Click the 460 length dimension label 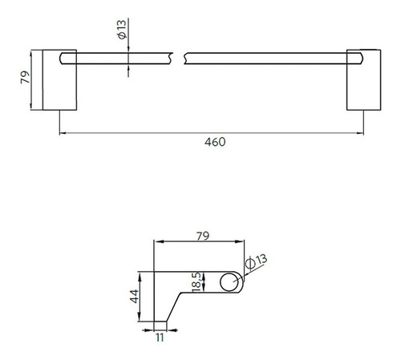pyautogui.click(x=215, y=142)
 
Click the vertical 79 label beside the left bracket pyautogui.click(x=26, y=77)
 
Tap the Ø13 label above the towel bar pyautogui.click(x=122, y=30)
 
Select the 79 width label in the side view pyautogui.click(x=203, y=237)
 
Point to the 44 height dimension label pyautogui.click(x=135, y=296)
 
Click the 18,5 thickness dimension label pyautogui.click(x=196, y=282)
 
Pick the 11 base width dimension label pyautogui.click(x=160, y=338)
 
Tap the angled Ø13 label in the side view pyautogui.click(x=256, y=261)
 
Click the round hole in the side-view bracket pyautogui.click(x=229, y=282)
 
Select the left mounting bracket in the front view pyautogui.click(x=59, y=80)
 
